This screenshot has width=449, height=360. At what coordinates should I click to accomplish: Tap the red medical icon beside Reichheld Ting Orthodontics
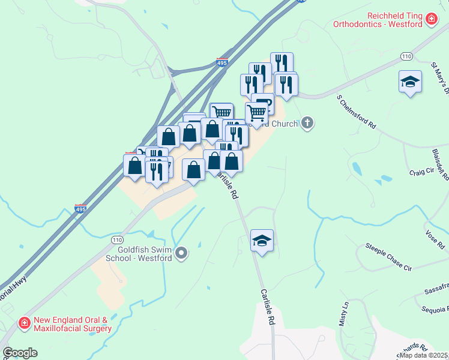pyautogui.click(x=430, y=20)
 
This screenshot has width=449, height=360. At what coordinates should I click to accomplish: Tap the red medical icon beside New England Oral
pyautogui.click(x=25, y=324)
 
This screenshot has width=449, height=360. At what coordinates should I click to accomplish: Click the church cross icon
pyautogui.click(x=307, y=124)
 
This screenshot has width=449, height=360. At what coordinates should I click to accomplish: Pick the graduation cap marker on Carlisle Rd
pyautogui.click(x=262, y=241)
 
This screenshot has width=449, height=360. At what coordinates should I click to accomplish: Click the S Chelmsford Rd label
pyautogui.click(x=357, y=112)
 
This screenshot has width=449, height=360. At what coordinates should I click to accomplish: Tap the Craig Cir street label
pyautogui.click(x=421, y=172)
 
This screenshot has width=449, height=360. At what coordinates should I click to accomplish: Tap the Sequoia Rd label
pyautogui.click(x=435, y=310)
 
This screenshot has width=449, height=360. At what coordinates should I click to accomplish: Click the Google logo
pyautogui.click(x=20, y=353)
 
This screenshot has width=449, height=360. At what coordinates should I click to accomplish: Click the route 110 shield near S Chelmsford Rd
pyautogui.click(x=406, y=56)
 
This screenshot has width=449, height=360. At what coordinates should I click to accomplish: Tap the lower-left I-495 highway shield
pyautogui.click(x=80, y=208)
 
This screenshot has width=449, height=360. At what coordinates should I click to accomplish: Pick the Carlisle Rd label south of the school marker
pyautogui.click(x=267, y=307)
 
